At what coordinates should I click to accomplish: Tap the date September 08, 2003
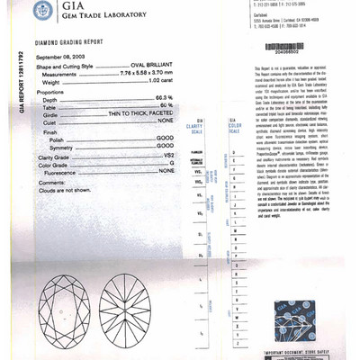(60, 55)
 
